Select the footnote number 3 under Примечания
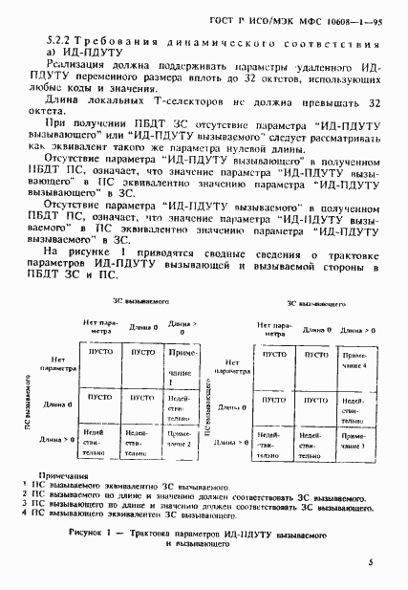point(24,505)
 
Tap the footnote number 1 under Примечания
point(24,485)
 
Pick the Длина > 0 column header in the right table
point(354,329)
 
